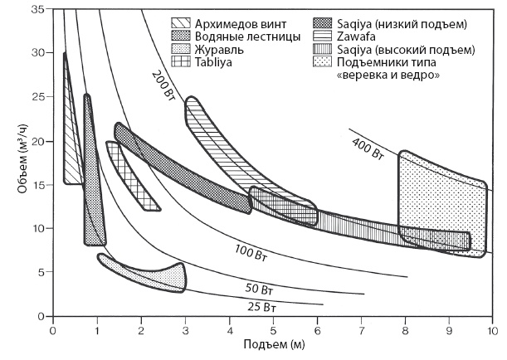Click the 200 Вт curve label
click(166, 86)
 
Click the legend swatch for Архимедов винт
click(183, 22)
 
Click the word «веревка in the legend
click(365, 75)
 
